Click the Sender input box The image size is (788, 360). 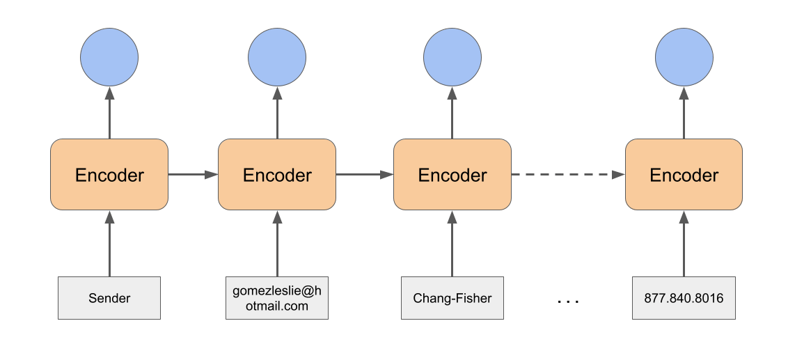click(109, 298)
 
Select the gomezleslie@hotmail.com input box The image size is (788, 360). click(277, 298)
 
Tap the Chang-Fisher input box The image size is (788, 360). click(452, 298)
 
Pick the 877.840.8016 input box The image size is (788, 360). click(684, 298)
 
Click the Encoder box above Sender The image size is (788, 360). click(109, 174)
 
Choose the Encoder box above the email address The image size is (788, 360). click(277, 174)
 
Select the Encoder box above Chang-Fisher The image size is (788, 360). click(452, 174)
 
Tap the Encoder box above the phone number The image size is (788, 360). click(684, 174)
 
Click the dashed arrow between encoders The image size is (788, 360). click(568, 174)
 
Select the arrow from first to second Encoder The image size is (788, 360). click(193, 174)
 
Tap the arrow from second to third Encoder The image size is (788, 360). click(364, 174)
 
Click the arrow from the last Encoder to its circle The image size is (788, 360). click(684, 113)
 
